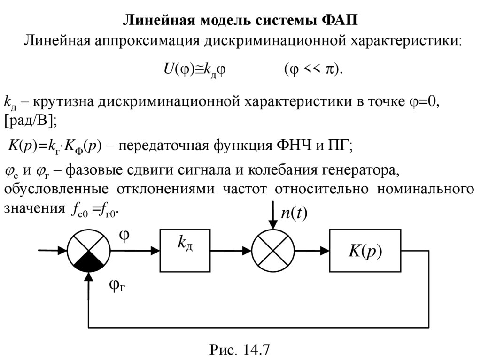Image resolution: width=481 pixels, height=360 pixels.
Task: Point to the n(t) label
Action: point(294,214)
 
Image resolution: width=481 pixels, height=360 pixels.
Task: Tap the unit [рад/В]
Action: point(30,120)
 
